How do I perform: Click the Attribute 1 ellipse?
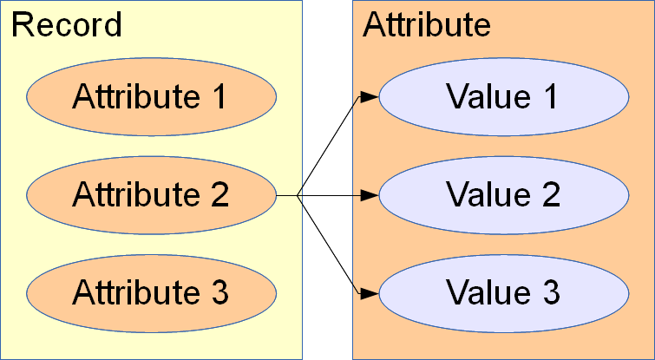point(151,96)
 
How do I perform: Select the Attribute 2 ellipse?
point(151,195)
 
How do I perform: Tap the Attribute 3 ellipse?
point(151,292)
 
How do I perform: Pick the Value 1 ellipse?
point(503,96)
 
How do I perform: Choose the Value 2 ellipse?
point(503,195)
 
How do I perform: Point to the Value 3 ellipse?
point(503,292)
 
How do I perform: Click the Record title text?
point(66,25)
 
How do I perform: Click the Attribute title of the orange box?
point(427,25)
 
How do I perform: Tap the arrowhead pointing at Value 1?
point(370,96)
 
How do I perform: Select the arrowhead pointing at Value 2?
point(370,195)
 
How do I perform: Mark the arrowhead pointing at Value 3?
point(370,293)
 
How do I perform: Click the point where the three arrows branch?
point(298,195)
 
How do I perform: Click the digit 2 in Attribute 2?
point(219,195)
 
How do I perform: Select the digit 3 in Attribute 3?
point(219,292)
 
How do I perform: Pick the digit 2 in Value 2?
point(550,195)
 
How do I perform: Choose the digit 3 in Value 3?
point(550,292)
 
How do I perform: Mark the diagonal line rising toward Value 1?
point(330,146)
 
